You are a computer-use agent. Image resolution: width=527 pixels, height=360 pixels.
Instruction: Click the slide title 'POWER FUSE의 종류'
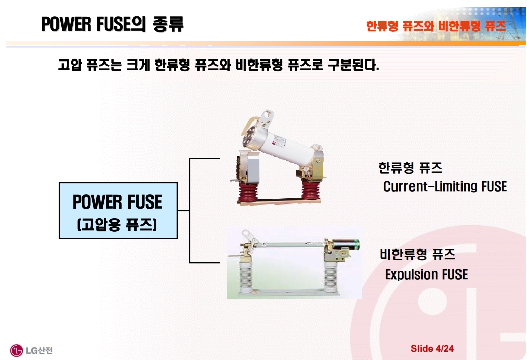tap(112, 24)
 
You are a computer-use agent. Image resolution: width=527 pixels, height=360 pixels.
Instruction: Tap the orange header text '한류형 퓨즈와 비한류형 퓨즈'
tap(436, 26)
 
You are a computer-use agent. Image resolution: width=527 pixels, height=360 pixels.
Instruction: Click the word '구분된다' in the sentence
tap(353, 64)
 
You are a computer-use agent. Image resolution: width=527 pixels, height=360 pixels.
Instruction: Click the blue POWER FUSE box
tap(118, 211)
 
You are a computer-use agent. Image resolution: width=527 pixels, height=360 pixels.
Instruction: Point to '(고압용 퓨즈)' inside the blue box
tap(117, 225)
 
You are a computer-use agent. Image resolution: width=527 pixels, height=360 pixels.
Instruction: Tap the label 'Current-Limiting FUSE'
tap(445, 186)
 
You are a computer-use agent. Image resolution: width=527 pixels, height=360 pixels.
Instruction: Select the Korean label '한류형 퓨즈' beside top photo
tap(411, 167)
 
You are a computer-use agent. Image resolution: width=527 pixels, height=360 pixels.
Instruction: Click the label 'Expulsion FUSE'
tap(426, 275)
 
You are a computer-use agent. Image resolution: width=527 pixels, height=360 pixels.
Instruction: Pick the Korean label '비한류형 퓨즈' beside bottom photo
tap(418, 254)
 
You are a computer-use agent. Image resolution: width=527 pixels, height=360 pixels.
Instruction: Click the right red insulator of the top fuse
tap(310, 190)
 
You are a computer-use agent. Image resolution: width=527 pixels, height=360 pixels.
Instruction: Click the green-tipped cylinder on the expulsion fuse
tap(346, 245)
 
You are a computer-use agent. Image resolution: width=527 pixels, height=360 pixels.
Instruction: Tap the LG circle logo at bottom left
tap(16, 350)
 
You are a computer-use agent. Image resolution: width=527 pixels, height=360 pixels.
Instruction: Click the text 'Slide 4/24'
tap(432, 348)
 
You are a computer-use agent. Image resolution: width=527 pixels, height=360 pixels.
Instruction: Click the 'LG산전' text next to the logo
tap(39, 350)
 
